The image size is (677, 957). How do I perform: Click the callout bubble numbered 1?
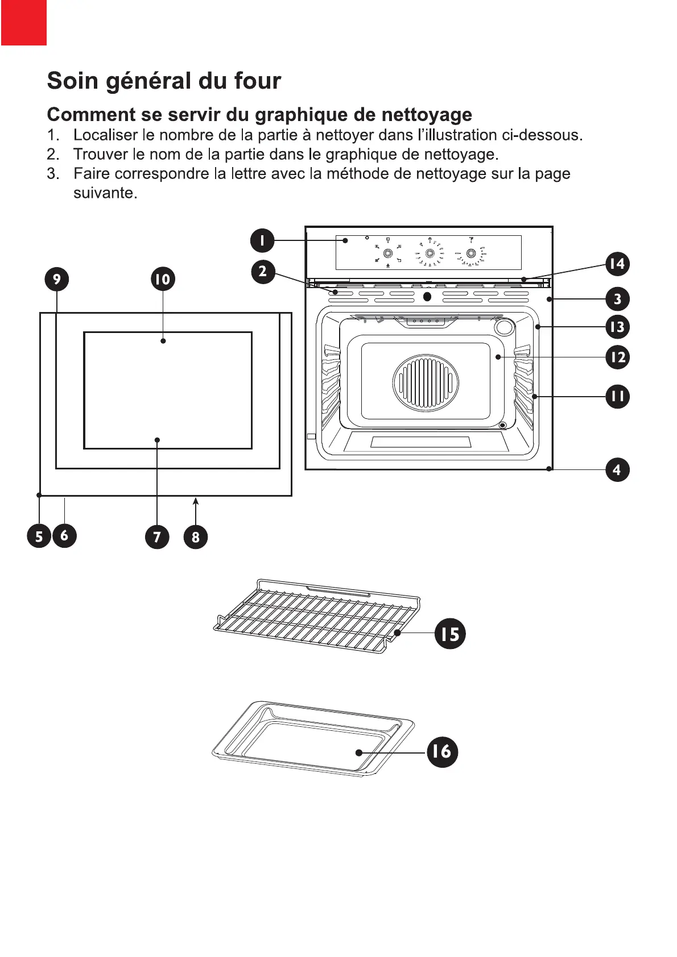[262, 240]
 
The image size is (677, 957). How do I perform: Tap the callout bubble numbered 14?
[617, 264]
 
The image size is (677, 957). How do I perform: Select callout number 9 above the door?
[57, 279]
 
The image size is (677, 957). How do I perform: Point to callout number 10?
[163, 279]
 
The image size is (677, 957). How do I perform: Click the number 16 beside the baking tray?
[441, 751]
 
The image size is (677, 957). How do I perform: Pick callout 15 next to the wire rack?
[450, 633]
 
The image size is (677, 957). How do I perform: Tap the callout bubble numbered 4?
[617, 470]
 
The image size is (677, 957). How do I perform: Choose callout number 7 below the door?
[157, 536]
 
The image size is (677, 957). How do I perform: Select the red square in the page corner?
[23, 23]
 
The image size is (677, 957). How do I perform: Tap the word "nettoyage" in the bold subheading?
[426, 115]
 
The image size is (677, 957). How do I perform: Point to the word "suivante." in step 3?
[105, 193]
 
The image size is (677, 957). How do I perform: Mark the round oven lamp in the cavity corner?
[503, 327]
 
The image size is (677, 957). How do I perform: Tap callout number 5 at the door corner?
[39, 536]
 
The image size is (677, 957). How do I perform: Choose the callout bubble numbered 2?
[262, 271]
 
